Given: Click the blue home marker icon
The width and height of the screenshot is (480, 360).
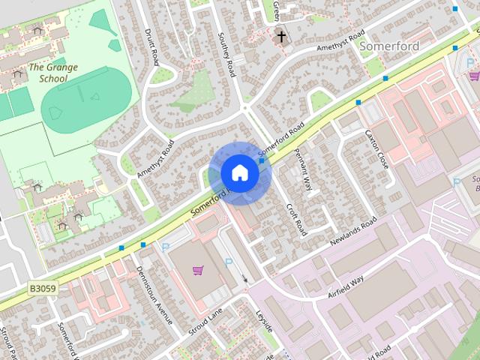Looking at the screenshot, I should point(239,172).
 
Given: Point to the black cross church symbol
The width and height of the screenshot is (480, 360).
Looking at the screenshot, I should point(282,35).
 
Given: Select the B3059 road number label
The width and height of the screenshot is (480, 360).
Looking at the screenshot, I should point(43,287).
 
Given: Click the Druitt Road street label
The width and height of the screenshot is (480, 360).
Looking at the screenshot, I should point(151,46).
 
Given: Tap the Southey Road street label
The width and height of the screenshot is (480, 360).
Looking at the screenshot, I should point(226,54).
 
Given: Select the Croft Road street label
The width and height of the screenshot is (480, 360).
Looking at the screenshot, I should point(295,217).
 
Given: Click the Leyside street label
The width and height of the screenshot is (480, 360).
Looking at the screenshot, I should point(264,323).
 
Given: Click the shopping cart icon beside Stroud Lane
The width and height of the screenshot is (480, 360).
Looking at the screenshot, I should point(197,270).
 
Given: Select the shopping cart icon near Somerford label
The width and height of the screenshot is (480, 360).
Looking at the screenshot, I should point(473,76).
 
